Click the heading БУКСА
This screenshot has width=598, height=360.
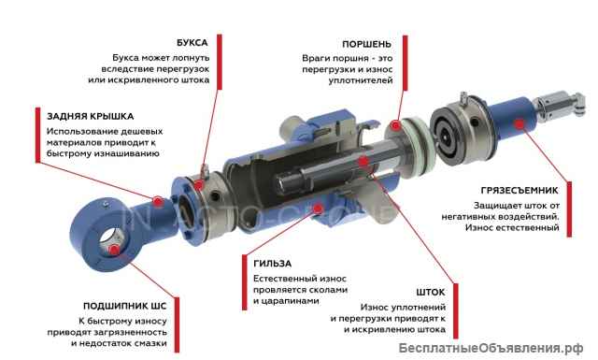pos(192,43)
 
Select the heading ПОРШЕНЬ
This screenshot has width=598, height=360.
pos(366,44)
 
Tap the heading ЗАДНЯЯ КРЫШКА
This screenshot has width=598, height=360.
pos(91,116)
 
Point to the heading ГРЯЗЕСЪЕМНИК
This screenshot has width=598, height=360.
pos(520,190)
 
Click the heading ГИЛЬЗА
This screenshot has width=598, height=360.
pos(272,264)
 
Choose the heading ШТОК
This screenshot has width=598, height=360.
pos(431,293)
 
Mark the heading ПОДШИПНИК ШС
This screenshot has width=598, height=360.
pos(124,306)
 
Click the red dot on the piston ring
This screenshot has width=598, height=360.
pos(396,125)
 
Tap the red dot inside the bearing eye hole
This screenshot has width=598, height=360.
pos(114,251)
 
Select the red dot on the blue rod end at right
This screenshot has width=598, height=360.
pos(519,123)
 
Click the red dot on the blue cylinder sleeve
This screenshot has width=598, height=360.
pos(318,209)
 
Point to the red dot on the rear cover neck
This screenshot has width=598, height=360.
pos(158,201)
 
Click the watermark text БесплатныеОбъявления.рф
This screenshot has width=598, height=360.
pos(491,348)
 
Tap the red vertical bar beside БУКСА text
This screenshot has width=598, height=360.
pos(220,62)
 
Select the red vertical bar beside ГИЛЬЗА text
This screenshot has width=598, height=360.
pos(245,282)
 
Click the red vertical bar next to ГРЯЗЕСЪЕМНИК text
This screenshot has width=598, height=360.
pos(569,209)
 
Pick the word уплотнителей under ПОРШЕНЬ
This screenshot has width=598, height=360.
pos(361,81)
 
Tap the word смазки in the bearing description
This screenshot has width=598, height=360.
pos(150,343)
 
